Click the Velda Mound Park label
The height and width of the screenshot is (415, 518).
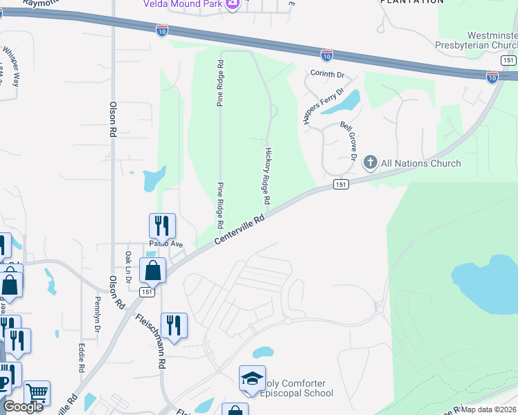click(x=183, y=3)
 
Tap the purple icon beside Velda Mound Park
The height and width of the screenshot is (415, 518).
click(x=233, y=4)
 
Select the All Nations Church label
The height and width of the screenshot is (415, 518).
click(x=420, y=163)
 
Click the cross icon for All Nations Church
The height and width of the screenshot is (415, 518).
click(x=370, y=163)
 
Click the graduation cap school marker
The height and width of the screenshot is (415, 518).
click(x=252, y=378)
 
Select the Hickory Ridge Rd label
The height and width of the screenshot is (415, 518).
click(x=267, y=175)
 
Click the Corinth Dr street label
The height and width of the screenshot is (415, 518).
click(x=327, y=74)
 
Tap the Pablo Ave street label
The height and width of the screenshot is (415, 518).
click(x=166, y=244)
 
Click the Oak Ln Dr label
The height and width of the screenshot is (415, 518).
click(x=128, y=266)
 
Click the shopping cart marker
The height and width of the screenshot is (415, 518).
click(x=37, y=393)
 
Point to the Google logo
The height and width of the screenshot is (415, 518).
click(x=24, y=407)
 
